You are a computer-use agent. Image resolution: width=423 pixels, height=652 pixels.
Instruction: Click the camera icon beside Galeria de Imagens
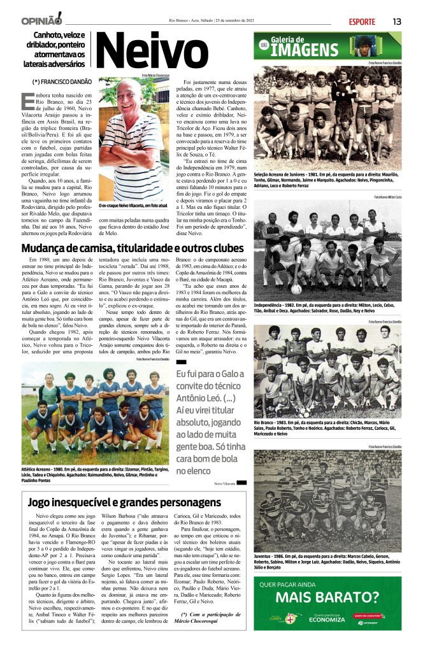click(263, 45)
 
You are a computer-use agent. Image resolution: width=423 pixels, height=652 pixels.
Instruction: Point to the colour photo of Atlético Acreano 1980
click(96, 407)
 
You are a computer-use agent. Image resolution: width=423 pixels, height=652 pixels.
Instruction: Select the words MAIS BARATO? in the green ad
click(327, 597)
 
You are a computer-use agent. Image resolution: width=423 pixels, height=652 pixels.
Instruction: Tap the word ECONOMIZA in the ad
click(327, 619)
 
